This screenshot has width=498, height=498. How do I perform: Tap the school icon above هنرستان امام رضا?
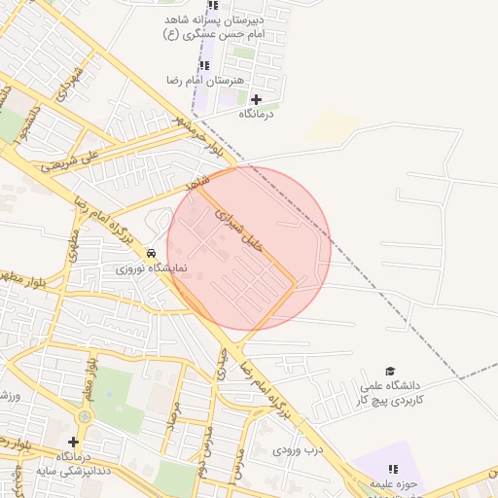click(204, 65)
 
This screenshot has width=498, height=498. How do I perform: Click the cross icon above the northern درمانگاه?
click(257, 99)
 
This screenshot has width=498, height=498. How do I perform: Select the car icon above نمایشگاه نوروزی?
click(151, 253)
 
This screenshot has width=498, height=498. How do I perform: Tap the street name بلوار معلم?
click(90, 374)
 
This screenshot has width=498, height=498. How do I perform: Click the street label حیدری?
click(223, 365)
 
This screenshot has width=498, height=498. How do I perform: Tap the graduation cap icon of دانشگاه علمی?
click(390, 372)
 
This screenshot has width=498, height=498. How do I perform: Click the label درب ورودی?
click(296, 450)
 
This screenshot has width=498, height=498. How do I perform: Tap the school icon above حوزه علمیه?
click(393, 470)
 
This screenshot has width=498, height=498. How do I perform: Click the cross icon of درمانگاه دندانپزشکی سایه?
click(73, 442)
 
